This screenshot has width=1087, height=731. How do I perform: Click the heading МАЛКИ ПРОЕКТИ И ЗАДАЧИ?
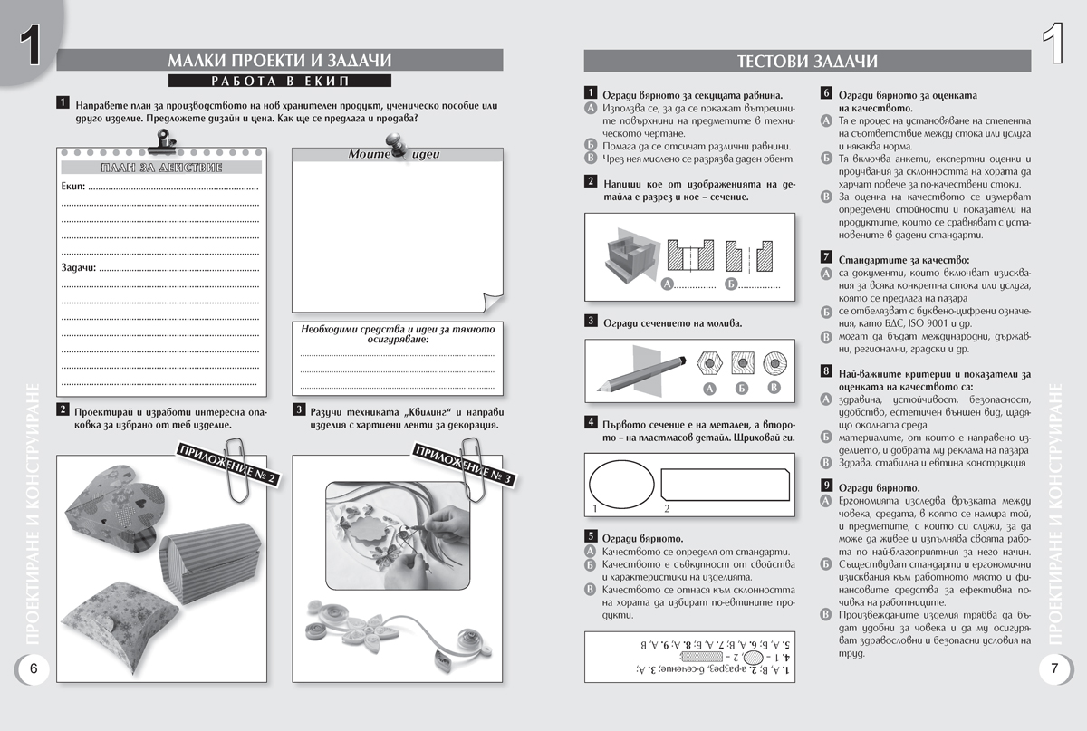click(x=279, y=60)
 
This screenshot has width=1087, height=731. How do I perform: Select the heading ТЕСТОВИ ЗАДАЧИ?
click(x=807, y=61)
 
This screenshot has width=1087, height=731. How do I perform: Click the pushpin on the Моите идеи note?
click(x=395, y=146)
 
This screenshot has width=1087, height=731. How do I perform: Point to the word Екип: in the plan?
click(x=73, y=188)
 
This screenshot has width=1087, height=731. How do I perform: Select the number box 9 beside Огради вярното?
click(x=826, y=486)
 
